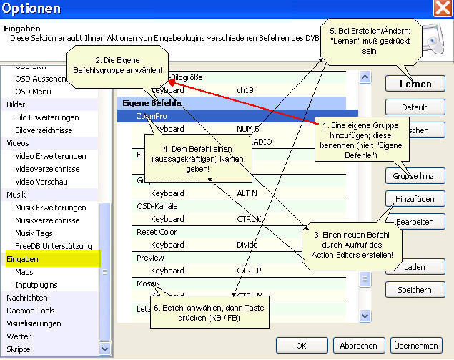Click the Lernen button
(x=415, y=84)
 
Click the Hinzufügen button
(x=415, y=198)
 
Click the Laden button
(x=415, y=267)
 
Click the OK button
(x=301, y=345)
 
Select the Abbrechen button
(x=358, y=345)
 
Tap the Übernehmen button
(x=415, y=345)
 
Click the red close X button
(x=443, y=9)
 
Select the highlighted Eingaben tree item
(x=22, y=258)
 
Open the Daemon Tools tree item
(x=31, y=310)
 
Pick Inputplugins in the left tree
(x=36, y=284)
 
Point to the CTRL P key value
(x=250, y=271)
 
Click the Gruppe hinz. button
(x=415, y=175)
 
